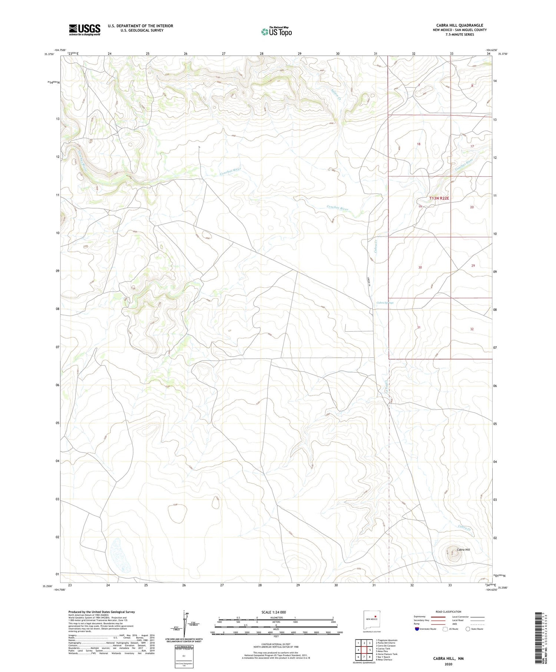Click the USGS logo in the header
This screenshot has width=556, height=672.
tap(85, 30)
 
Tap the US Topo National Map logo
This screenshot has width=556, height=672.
tap(276, 32)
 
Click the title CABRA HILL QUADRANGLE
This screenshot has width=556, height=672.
tap(459, 25)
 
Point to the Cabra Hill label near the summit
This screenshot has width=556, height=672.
tap(463, 550)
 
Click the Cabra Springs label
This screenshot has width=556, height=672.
tap(385, 303)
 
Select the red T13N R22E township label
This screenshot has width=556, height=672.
tap(439, 198)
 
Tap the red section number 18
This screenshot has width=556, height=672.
tap(418, 144)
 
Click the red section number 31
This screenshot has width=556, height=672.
tap(418, 327)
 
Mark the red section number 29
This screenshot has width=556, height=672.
tap(473, 266)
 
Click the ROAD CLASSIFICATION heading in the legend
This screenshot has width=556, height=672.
tap(448, 612)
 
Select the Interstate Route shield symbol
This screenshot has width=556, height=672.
tap(417, 629)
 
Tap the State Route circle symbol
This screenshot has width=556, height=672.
tap(468, 629)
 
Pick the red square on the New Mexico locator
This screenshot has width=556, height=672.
tap(375, 617)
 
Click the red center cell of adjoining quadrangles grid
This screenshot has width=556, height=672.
tap(364, 650)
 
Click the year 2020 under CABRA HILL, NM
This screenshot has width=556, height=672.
tap(448, 664)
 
